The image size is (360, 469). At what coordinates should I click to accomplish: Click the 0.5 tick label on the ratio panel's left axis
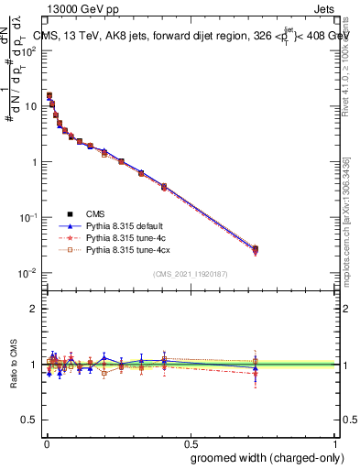[30, 420]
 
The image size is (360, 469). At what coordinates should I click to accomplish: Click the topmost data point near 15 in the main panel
[49, 95]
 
